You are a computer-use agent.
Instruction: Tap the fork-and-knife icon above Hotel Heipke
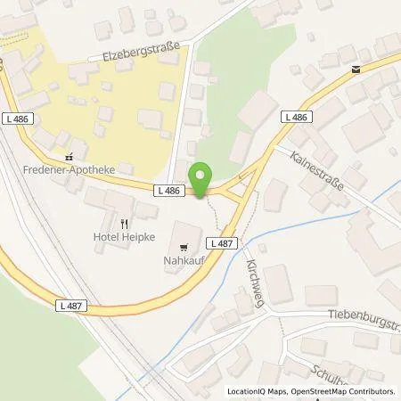tap(124, 224)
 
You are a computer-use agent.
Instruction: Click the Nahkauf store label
tap(183, 260)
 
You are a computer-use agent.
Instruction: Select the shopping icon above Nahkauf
tap(184, 247)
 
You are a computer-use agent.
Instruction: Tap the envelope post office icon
tap(356, 70)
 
